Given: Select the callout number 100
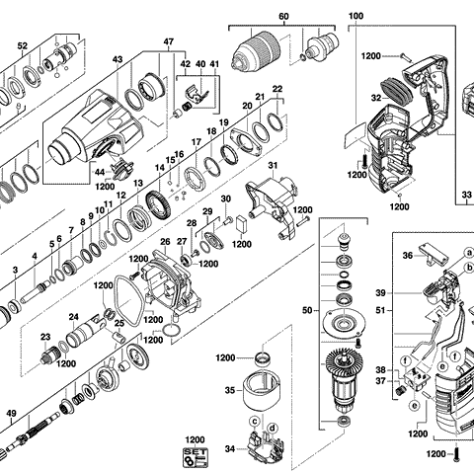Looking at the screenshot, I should pyautogui.click(x=355, y=17).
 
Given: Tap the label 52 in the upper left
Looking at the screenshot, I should pyautogui.click(x=23, y=45).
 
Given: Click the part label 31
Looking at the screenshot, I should pyautogui.click(x=273, y=164).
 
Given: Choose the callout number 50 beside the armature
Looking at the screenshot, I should pyautogui.click(x=304, y=310).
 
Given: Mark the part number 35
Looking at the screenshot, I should pyautogui.click(x=228, y=390).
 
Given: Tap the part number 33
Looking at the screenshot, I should pyautogui.click(x=465, y=197).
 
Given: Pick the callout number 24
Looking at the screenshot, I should pyautogui.click(x=73, y=317).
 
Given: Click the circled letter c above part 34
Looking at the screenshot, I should pyautogui.click(x=255, y=424).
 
